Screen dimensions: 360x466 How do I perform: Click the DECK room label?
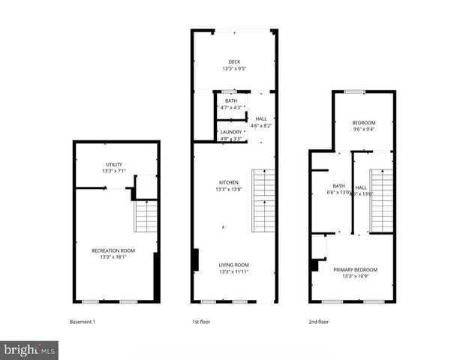[x=234, y=61]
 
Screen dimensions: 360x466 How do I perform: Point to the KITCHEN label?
[x=228, y=182]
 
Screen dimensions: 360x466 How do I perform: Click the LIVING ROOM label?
[x=233, y=265]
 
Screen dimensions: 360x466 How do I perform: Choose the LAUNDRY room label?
[x=231, y=132]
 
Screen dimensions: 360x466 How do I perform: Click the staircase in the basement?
[x=146, y=217]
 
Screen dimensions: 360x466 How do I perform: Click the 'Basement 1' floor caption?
[x=83, y=322]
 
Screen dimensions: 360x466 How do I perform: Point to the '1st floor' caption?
[x=200, y=322]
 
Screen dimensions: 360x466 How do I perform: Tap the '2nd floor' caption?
[x=318, y=322]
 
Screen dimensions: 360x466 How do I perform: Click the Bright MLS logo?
[x=29, y=349]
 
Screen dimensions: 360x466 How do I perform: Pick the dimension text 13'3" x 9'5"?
[x=234, y=69]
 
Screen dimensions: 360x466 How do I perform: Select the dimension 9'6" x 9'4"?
[x=364, y=129]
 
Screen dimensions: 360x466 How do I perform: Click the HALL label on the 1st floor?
[x=260, y=118]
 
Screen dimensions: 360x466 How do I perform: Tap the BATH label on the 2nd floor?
[x=339, y=186]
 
